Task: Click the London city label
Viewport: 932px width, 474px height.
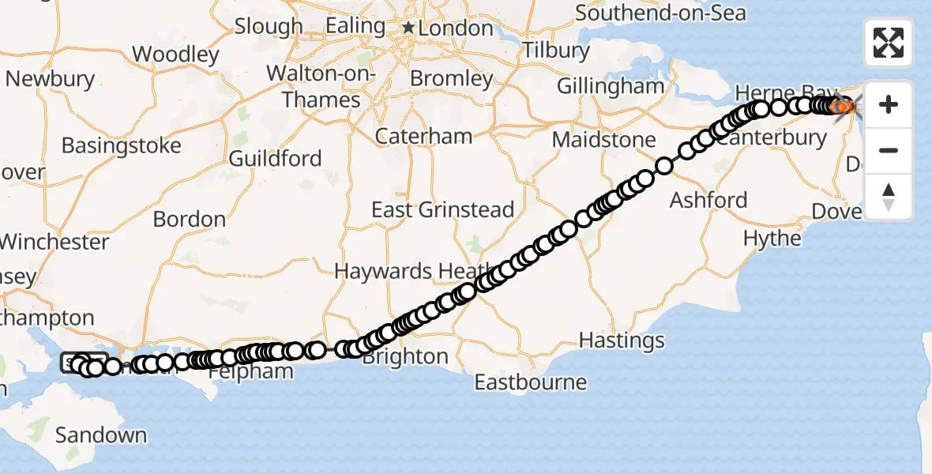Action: click(456, 28)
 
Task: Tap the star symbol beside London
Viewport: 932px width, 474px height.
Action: click(408, 28)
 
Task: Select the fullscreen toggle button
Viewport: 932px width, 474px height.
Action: click(889, 43)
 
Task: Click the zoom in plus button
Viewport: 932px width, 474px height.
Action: click(889, 104)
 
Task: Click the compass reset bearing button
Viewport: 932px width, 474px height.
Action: click(889, 197)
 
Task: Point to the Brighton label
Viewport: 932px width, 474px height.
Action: click(405, 357)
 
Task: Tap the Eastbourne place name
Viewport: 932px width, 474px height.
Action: click(531, 383)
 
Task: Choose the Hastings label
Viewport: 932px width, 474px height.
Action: click(622, 340)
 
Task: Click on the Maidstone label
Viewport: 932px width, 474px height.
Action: click(604, 140)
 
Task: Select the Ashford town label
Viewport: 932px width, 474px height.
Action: click(708, 200)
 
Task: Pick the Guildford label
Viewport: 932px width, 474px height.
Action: click(275, 159)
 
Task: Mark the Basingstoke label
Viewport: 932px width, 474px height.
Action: click(121, 146)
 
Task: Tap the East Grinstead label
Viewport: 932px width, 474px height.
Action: click(443, 210)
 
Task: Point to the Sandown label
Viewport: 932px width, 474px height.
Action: click(101, 435)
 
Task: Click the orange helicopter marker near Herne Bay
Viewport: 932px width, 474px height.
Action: click(844, 107)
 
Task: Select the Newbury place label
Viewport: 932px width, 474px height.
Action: click(50, 80)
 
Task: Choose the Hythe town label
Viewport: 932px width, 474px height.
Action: click(772, 238)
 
